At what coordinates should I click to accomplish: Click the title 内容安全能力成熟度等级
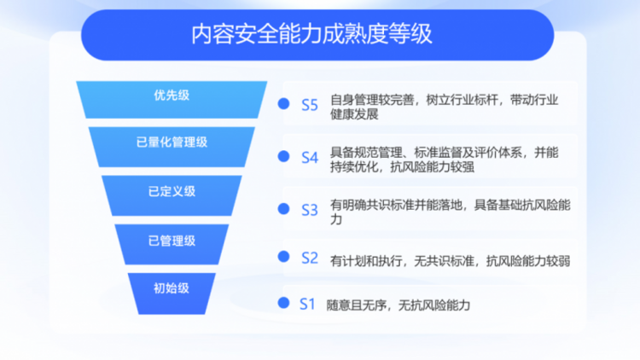(311, 34)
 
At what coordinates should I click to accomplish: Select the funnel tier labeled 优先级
(172, 100)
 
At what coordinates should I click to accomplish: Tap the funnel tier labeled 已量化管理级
(172, 147)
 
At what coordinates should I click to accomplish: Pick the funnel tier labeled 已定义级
(172, 195)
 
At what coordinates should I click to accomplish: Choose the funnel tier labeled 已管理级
(172, 244)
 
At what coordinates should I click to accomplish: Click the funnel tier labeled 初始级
(172, 293)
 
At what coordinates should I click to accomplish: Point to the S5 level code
(310, 105)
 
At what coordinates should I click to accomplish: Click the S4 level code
(310, 158)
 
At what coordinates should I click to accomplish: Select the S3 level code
(310, 210)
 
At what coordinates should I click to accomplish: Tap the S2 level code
(310, 258)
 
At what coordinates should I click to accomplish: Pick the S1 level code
(307, 304)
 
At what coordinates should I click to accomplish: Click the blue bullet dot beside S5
(283, 104)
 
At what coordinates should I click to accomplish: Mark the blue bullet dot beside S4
(283, 156)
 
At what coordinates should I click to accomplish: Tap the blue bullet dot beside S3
(283, 209)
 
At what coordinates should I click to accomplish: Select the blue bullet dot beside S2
(283, 257)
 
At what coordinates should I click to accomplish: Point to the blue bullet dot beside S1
(283, 303)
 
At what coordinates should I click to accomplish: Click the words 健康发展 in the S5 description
(354, 114)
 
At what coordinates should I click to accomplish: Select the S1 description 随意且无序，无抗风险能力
(399, 305)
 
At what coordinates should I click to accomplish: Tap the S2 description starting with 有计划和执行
(451, 261)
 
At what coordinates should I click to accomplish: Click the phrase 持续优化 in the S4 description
(354, 167)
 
